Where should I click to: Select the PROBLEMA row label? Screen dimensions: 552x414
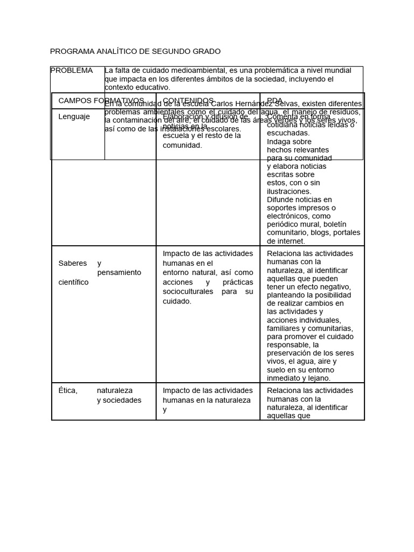(71, 71)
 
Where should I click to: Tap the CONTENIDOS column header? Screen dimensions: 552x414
(188, 101)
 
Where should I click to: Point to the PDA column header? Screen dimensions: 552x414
(275, 101)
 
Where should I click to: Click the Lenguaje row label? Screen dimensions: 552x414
(74, 116)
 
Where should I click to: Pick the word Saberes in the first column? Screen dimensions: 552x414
(72, 264)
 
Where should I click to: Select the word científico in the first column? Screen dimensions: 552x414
(73, 282)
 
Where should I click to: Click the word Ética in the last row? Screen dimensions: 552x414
(68, 391)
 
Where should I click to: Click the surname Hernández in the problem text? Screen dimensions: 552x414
(268, 103)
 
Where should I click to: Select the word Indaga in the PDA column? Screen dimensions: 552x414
(278, 142)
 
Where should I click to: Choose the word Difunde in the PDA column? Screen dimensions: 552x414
(280, 200)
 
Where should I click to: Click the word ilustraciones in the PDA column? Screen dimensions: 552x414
(289, 191)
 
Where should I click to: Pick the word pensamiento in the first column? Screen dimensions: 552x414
(119, 273)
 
